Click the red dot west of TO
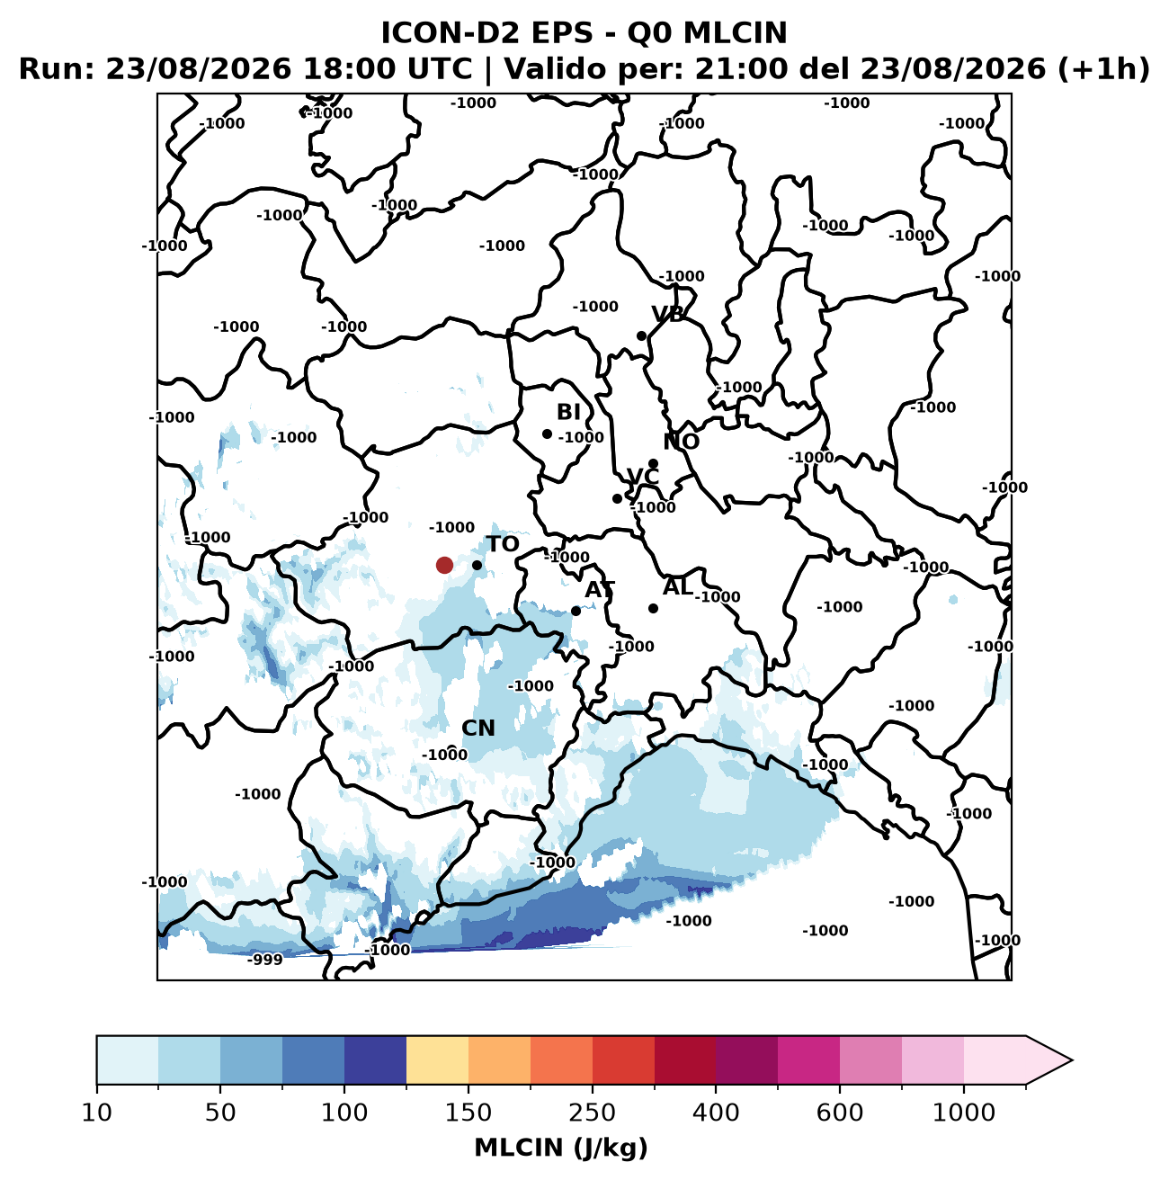[x=444, y=565]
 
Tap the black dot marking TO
[x=477, y=565]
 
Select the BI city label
[x=568, y=412]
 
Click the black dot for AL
[x=653, y=608]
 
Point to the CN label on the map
[x=478, y=729]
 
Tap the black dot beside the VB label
[x=641, y=335]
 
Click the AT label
[x=600, y=590]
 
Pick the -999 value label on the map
[x=264, y=960]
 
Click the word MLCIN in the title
[x=735, y=33]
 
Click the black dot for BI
[x=547, y=434]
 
